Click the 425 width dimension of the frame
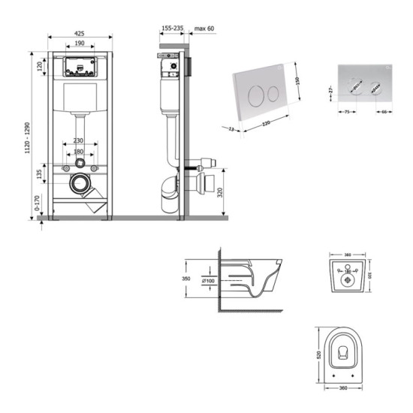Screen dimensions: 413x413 [80, 33]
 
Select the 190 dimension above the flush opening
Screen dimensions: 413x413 [80, 44]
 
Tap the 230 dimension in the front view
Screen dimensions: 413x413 [80, 140]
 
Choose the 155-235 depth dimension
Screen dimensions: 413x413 [172, 29]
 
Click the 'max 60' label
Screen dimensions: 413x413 [205, 29]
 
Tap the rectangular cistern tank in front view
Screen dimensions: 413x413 [80, 98]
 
